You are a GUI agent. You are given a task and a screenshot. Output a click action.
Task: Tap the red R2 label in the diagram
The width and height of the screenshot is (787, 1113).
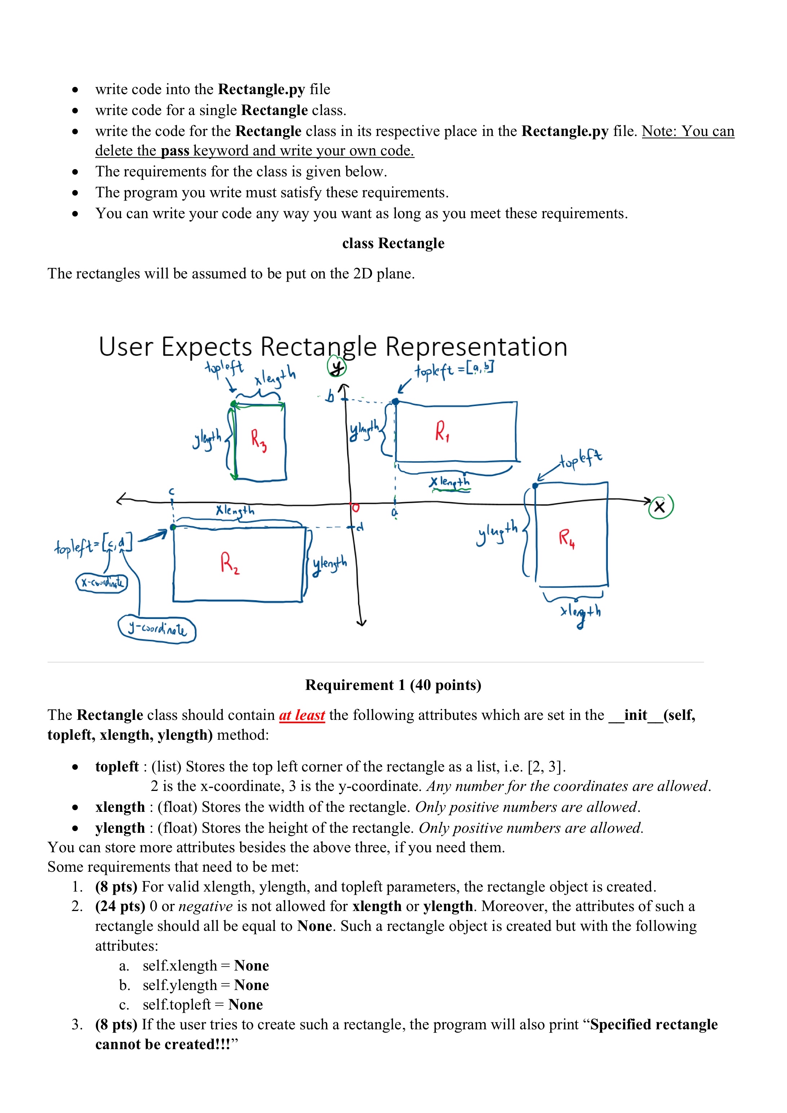pos(229,563)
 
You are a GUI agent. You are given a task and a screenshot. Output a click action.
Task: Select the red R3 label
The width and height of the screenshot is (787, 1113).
pos(258,440)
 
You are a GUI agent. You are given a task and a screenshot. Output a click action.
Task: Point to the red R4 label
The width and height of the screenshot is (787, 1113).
pos(566,538)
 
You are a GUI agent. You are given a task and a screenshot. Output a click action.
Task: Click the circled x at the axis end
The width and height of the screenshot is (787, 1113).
pos(660,507)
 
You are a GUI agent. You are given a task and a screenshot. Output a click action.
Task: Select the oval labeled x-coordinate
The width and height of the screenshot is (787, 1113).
pos(102,582)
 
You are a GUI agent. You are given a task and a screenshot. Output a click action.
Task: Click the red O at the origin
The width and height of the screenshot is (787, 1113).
pos(356,507)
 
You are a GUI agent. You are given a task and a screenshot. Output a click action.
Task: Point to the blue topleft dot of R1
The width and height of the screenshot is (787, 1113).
pos(395,401)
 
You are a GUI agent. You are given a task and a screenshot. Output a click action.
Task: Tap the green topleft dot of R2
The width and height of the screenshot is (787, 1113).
pos(173,527)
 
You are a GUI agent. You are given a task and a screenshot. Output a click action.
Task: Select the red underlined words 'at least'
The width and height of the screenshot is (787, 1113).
pos(301,715)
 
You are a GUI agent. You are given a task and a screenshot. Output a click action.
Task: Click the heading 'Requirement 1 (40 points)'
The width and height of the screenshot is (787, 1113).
pos(393,685)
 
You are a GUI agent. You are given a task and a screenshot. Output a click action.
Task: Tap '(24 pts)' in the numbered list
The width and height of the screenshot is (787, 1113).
pos(120,906)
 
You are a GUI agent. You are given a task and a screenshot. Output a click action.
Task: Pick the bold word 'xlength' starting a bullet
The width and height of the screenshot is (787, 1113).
pos(120,807)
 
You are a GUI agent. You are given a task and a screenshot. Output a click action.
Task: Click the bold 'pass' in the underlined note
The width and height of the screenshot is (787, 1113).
pos(175,151)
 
